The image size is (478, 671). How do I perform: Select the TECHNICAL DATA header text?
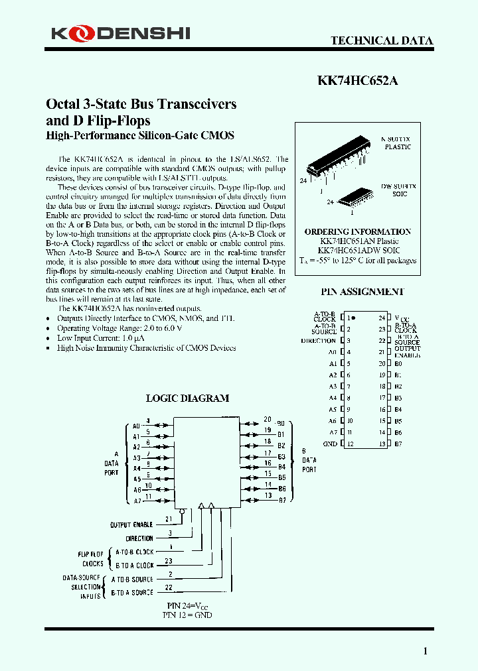pyautogui.click(x=382, y=40)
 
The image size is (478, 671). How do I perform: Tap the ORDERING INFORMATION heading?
pyautogui.click(x=358, y=231)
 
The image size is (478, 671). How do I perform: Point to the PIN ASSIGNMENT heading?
pyautogui.click(x=362, y=292)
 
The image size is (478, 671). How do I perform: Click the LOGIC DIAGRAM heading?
pyautogui.click(x=187, y=398)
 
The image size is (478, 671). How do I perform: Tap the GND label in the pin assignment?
pyautogui.click(x=330, y=444)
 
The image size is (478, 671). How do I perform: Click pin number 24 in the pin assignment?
pyautogui.click(x=382, y=318)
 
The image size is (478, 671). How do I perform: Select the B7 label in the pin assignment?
pyautogui.click(x=398, y=444)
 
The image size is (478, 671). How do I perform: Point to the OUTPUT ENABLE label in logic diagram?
pyautogui.click(x=131, y=524)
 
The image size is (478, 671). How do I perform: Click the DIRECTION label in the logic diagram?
pyautogui.click(x=139, y=538)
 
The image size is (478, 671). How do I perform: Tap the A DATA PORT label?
pyautogui.click(x=111, y=463)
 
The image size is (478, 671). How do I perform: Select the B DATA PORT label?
pyautogui.click(x=309, y=459)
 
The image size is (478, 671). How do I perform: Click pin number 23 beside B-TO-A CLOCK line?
pyautogui.click(x=169, y=561)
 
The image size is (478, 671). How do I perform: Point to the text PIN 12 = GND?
pyautogui.click(x=189, y=615)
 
